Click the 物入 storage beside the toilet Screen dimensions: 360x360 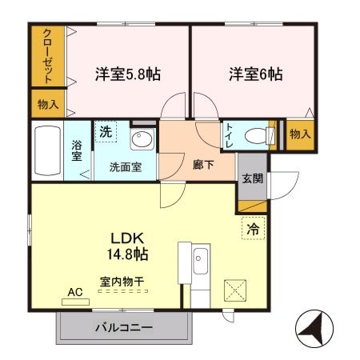[x=299, y=134]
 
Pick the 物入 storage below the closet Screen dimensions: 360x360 [x=48, y=104]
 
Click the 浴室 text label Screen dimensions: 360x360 [x=78, y=151]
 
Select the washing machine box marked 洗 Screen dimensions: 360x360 [x=106, y=134]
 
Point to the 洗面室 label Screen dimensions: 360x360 [x=126, y=169]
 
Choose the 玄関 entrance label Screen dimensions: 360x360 [x=252, y=178]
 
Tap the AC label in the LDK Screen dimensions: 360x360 [x=75, y=293]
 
